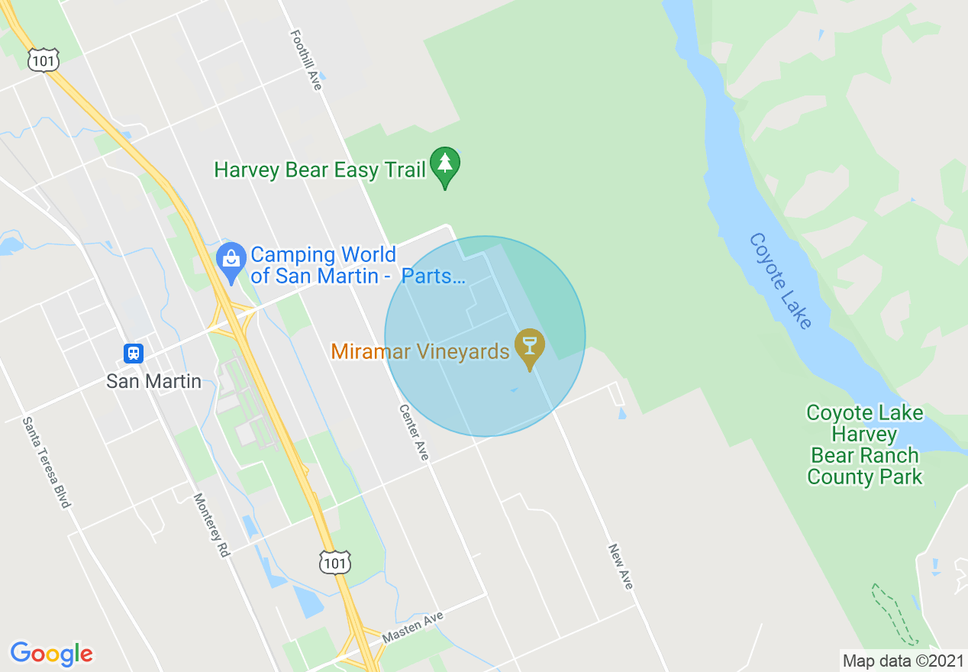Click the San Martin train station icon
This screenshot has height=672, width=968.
[134, 354]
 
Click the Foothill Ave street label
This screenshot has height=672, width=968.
[306, 60]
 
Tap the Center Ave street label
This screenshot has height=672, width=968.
[414, 432]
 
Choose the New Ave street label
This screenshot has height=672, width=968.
[621, 566]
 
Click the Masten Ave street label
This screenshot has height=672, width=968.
[413, 625]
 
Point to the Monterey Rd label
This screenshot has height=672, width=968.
[211, 525]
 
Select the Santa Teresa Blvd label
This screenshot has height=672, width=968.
[47, 462]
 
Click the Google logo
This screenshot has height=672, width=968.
[51, 654]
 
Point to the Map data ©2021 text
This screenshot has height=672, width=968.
[902, 661]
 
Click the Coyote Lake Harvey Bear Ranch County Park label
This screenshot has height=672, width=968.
[865, 445]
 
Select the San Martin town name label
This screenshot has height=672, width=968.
[153, 381]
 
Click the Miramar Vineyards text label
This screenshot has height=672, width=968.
[420, 352]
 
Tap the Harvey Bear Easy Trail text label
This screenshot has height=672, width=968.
[319, 170]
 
